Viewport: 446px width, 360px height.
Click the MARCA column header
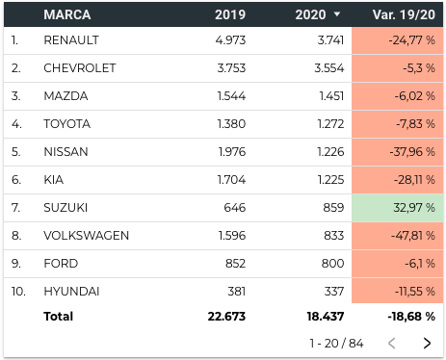click(x=67, y=14)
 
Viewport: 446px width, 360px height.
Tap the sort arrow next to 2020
click(x=337, y=14)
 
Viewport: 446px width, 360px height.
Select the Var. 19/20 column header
click(x=404, y=14)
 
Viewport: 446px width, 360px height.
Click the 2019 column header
click(x=230, y=14)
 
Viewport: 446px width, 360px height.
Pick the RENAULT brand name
click(x=71, y=40)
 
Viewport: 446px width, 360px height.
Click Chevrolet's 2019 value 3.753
click(x=231, y=68)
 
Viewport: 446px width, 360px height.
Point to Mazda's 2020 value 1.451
click(x=331, y=96)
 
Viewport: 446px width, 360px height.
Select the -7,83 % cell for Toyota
click(x=398, y=124)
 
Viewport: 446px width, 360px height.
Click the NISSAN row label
click(x=66, y=152)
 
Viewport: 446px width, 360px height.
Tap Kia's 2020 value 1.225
click(x=331, y=180)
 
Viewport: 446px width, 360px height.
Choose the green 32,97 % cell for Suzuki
click(x=398, y=208)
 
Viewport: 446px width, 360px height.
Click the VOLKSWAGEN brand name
click(x=87, y=236)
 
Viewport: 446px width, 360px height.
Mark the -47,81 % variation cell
click(x=398, y=236)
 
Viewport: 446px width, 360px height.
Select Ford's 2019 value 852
click(x=235, y=264)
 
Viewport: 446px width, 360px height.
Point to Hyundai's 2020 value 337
click(x=334, y=292)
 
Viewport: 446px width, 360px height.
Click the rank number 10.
click(x=18, y=292)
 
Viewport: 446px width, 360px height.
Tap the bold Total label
click(x=59, y=317)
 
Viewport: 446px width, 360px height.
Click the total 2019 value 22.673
click(x=226, y=317)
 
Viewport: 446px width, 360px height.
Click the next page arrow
click(x=427, y=343)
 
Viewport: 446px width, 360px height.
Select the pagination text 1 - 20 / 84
click(x=336, y=344)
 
